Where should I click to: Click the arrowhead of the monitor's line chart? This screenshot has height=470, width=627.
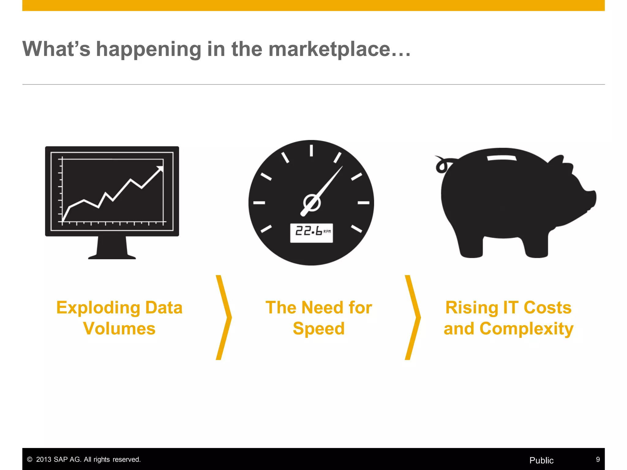[160, 169]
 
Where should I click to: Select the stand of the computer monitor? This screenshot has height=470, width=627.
[112, 248]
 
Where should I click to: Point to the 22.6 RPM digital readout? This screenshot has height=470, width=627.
[311, 233]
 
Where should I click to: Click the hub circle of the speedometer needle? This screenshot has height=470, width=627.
[312, 203]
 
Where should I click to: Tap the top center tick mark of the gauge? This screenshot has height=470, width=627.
[311, 151]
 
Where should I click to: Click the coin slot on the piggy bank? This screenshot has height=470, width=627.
[502, 158]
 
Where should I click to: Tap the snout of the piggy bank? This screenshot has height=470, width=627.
[591, 199]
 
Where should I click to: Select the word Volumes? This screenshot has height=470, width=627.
[119, 329]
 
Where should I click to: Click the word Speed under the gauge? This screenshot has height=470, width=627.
[319, 329]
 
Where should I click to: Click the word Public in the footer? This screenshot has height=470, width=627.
[541, 460]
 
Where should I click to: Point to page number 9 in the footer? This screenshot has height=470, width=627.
[598, 459]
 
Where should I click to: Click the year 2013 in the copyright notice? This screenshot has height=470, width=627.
[44, 459]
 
